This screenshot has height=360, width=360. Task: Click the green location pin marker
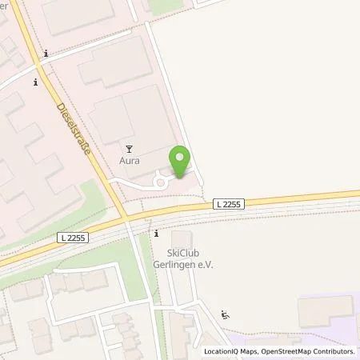pos(180,162)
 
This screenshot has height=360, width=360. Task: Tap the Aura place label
pos(130,160)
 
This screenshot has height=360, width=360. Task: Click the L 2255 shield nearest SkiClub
pos(230,205)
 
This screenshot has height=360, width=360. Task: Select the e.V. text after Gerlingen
pos(206,266)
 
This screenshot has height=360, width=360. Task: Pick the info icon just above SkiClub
pos(157,234)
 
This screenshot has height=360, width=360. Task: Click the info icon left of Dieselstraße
pos(34,82)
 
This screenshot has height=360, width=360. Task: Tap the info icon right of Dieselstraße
pos(46,54)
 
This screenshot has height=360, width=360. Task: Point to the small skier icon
pos(226,314)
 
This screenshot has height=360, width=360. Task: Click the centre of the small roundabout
pos(160,182)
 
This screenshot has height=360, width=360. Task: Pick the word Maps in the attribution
pos(253,351)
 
